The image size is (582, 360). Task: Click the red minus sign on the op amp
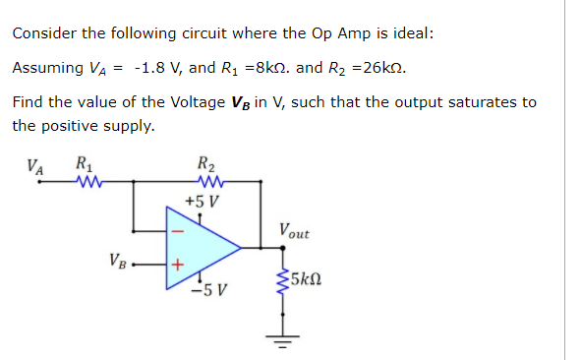coord(178,233)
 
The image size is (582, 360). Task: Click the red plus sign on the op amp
coord(178,265)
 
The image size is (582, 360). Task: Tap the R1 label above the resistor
coord(84,164)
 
